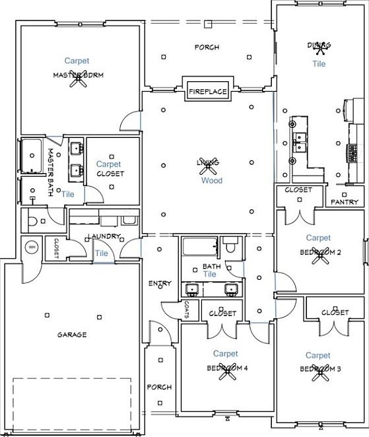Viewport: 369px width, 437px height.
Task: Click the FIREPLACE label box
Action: click(x=207, y=91)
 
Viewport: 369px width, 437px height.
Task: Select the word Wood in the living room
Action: click(x=211, y=180)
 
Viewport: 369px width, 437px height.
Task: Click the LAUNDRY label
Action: click(x=105, y=236)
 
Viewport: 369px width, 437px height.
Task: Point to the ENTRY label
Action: click(x=160, y=283)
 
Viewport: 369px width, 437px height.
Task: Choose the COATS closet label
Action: click(x=187, y=309)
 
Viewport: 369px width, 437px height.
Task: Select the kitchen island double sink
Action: click(x=300, y=143)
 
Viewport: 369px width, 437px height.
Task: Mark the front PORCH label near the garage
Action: click(x=159, y=387)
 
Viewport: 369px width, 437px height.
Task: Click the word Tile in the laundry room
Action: click(x=101, y=253)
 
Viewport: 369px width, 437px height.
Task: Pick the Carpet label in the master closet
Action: click(x=108, y=164)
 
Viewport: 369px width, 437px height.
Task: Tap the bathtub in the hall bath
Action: click(x=200, y=248)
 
